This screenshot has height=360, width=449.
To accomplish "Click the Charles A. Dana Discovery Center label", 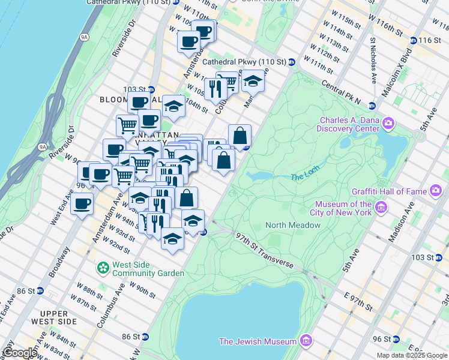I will pos(350,124).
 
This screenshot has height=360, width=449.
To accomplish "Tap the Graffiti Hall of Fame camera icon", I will pos(436,191).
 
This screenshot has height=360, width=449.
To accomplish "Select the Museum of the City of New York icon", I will pos(379,208).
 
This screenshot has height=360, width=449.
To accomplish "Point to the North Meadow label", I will pos(293,225).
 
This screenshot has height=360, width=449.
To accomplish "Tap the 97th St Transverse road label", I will pos(264,250).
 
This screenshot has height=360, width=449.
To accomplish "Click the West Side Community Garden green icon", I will pos(103,266).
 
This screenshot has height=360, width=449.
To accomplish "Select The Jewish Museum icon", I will pos(306,341).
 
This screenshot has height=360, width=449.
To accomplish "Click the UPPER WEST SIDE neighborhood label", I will pos(58,318).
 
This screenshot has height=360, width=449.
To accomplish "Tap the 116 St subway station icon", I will pos(414,40).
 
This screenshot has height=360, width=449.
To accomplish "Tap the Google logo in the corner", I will pos(20,353).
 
